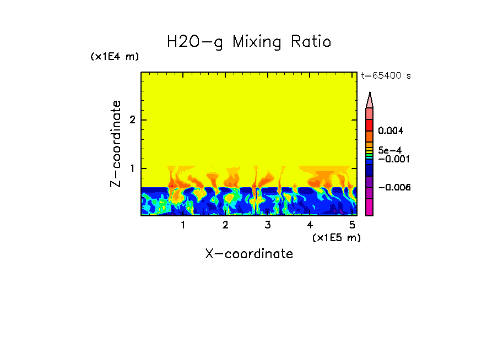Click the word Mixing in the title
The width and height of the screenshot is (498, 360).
[x=257, y=42]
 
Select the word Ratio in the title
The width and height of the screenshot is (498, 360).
[x=311, y=42]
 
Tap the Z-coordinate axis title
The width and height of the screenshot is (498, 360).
[x=116, y=144]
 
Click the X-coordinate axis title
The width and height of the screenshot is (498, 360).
[x=249, y=254]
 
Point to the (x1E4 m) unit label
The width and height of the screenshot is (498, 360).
[x=115, y=57]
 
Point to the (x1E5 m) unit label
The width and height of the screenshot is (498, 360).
[x=336, y=237]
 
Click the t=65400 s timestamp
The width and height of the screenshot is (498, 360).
[x=386, y=76]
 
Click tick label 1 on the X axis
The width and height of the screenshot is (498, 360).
[x=183, y=225]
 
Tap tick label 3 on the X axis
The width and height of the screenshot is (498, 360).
[x=268, y=225]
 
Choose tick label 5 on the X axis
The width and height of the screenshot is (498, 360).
[x=352, y=225]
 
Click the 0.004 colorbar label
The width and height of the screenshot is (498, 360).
[x=391, y=131]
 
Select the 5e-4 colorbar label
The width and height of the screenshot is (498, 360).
[x=389, y=150]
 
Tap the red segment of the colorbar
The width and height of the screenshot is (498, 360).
[x=370, y=124]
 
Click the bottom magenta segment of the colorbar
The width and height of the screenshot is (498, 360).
[x=370, y=207]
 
